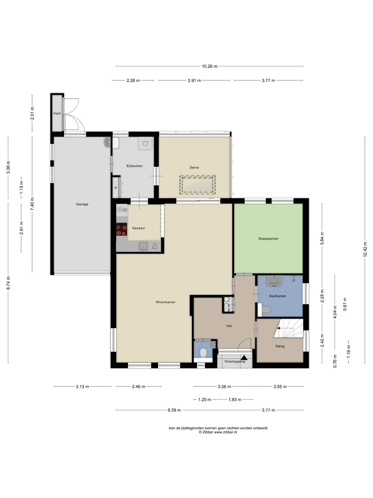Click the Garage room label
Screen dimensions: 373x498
[x=82, y=204]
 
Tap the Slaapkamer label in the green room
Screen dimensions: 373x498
[x=268, y=238]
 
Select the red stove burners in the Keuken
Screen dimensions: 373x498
[x=122, y=229]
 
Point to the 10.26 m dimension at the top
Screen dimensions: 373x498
[x=210, y=66]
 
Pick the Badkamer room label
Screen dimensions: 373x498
[x=278, y=296]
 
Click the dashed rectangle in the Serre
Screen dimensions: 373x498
[x=198, y=185]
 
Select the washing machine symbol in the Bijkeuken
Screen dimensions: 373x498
[x=145, y=144]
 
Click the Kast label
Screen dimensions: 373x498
[x=57, y=113]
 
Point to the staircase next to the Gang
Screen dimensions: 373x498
[x=289, y=328]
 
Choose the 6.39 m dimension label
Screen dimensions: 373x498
[x=174, y=410]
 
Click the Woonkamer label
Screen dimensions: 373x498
[x=165, y=302]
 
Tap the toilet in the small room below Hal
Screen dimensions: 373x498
[x=203, y=353]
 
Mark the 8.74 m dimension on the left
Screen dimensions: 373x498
[x=8, y=283]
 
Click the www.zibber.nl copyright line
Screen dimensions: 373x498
[x=218, y=432]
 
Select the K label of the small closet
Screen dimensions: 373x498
[x=116, y=188]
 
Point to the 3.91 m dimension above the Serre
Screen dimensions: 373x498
[x=194, y=80]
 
